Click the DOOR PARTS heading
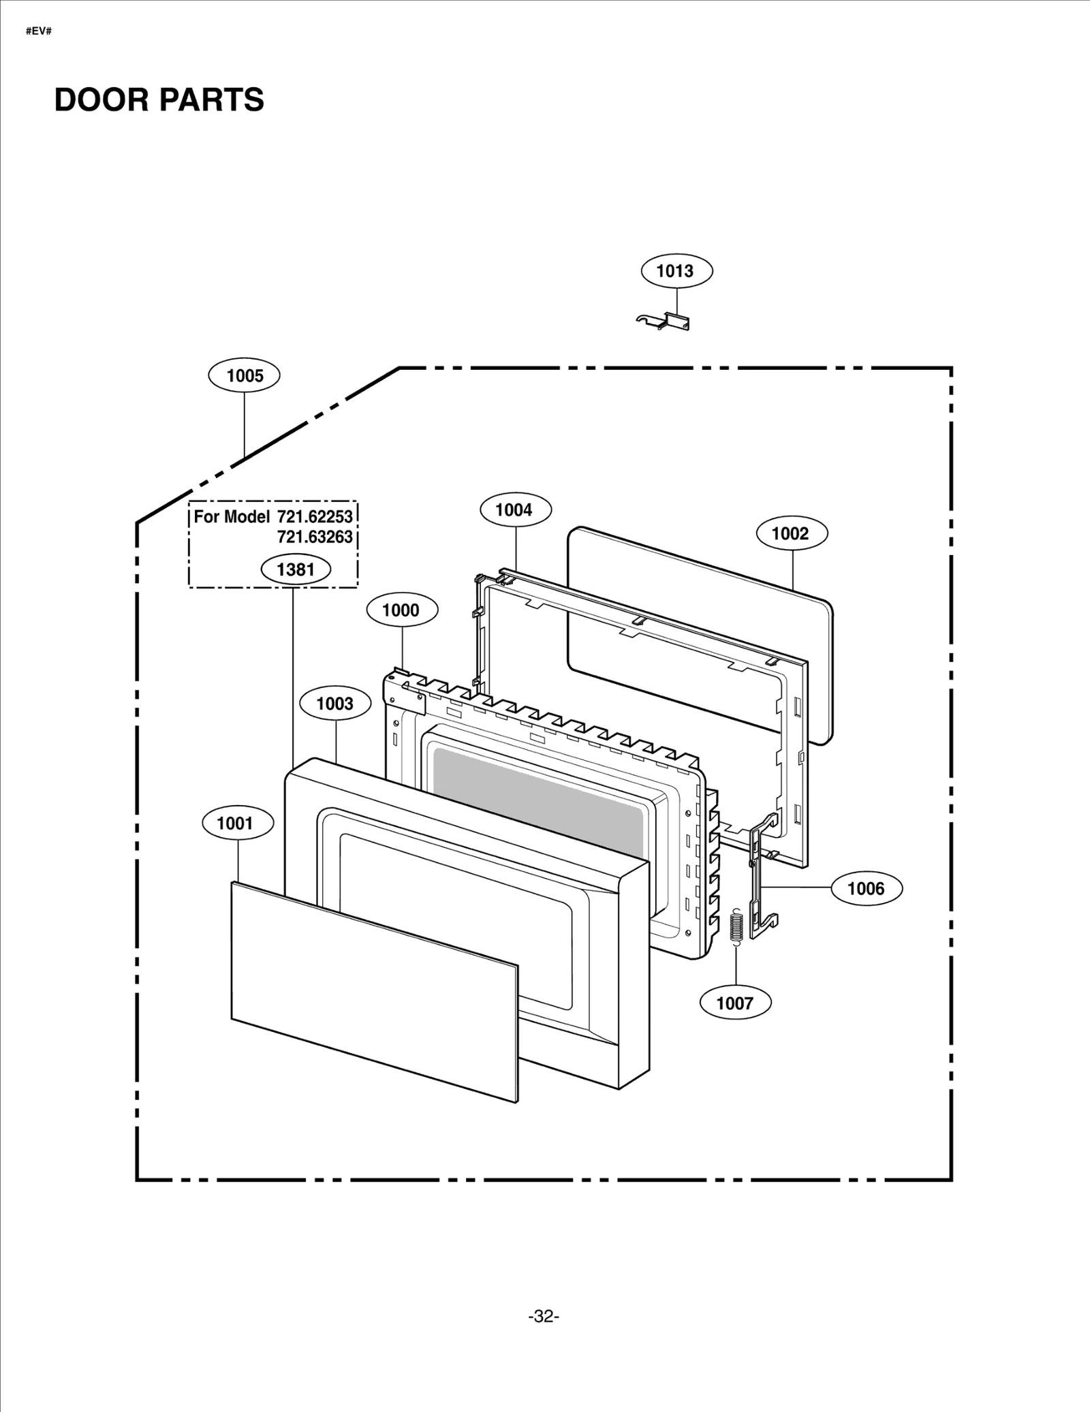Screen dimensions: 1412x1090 coord(159,99)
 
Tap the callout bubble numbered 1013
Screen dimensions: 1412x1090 coord(676,271)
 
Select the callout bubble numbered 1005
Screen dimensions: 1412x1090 coord(244,375)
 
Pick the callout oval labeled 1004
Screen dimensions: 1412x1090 coord(516,509)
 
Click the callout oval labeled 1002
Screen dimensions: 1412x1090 coord(792,533)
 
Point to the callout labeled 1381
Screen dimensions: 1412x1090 coord(295,569)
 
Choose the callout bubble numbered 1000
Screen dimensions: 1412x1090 coord(402,610)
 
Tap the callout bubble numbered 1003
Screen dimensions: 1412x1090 coord(335,704)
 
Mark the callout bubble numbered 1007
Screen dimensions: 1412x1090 coord(735,1003)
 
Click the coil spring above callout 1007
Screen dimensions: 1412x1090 coord(736,927)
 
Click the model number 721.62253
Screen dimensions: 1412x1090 coord(314,517)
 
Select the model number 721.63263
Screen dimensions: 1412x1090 coord(314,537)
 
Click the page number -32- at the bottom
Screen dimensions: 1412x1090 coord(543,1317)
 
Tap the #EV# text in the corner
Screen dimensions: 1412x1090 coord(39,31)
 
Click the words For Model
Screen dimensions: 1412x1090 coord(232,517)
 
